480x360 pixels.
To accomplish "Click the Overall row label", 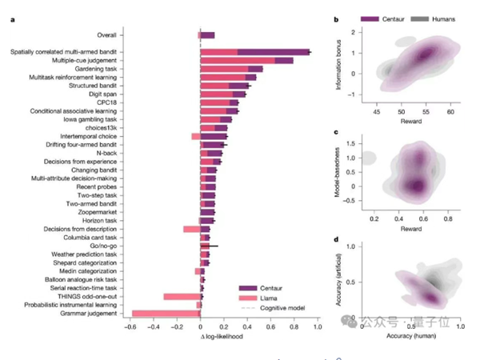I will (106, 35).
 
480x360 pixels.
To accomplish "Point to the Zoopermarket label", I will (96, 211).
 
